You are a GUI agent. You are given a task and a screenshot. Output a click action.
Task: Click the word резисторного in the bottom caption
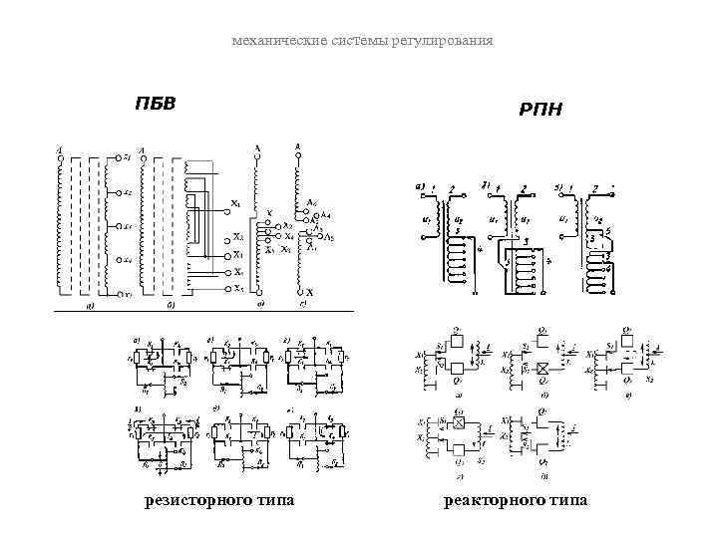pos(191,499)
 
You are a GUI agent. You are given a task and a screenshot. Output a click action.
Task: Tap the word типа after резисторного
pos(273,499)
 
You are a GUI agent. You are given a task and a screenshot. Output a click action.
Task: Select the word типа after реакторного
pos(565,499)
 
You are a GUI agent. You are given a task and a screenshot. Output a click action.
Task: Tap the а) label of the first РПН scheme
pos(420,185)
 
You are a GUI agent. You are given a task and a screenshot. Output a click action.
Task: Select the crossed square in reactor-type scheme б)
pos(542,368)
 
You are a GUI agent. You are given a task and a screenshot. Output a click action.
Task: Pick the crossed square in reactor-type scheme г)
pos(460,422)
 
